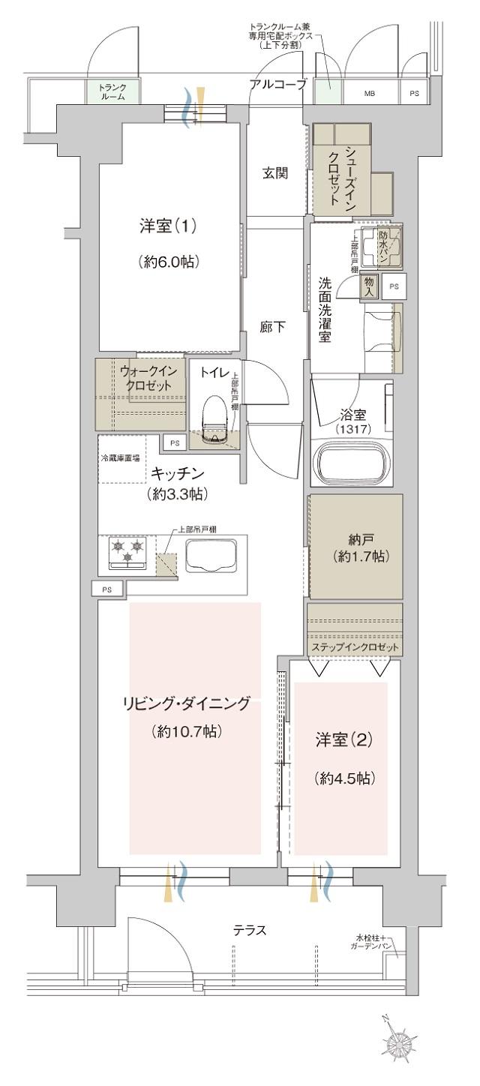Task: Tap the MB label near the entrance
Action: (x=370, y=94)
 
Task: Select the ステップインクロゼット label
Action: (x=355, y=647)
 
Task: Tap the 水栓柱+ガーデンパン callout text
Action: (x=373, y=942)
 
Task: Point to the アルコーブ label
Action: (x=279, y=84)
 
